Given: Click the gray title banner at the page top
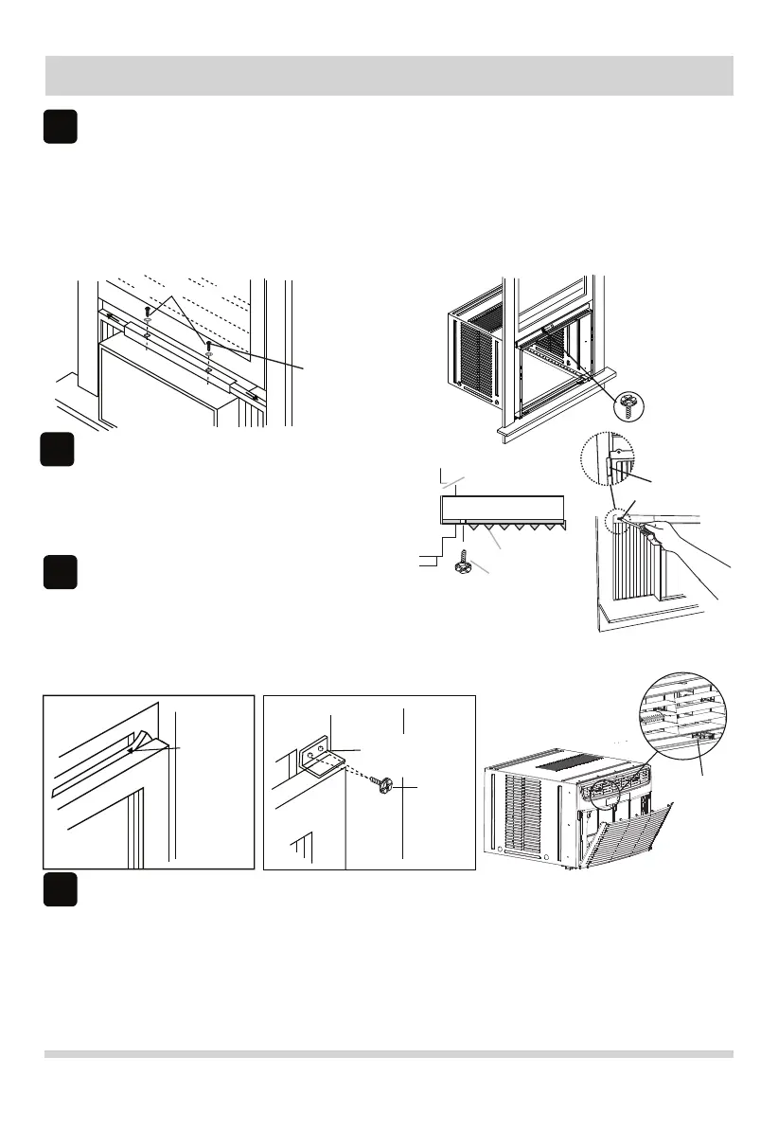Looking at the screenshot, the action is tap(390, 75).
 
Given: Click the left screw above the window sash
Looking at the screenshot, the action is tap(149, 312).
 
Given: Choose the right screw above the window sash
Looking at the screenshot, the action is tap(208, 347).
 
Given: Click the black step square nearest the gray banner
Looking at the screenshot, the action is tap(59, 128).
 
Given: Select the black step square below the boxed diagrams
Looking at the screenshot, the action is tap(59, 890).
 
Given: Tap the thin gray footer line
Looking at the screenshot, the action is tap(390, 1054).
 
